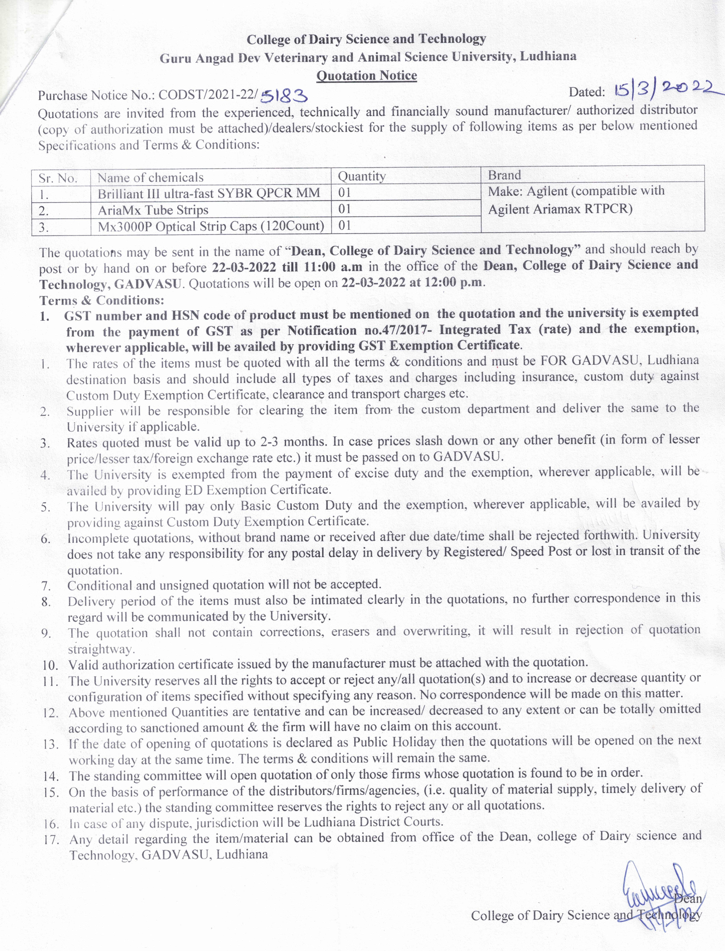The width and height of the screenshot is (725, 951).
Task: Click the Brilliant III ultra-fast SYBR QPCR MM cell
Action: pyautogui.click(x=209, y=193)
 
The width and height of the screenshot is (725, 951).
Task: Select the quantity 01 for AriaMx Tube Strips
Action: pyautogui.click(x=344, y=209)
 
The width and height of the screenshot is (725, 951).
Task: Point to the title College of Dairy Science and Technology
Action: pyautogui.click(x=366, y=39)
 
